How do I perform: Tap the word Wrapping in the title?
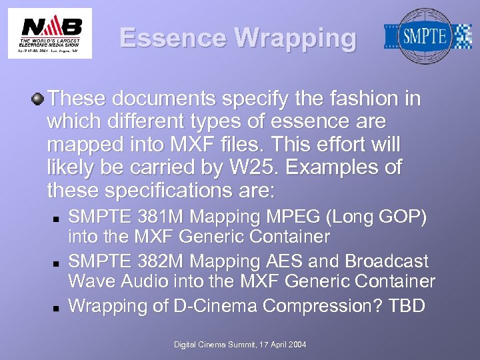295,38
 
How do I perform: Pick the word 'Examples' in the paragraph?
335,167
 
